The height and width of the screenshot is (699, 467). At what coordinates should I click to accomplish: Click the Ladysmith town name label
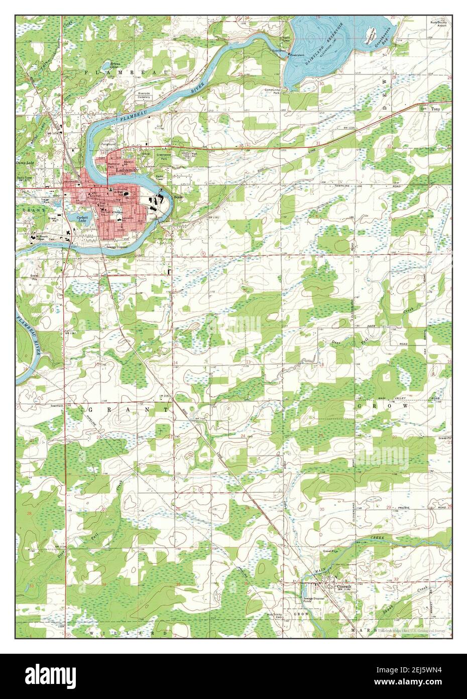click(126, 170)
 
